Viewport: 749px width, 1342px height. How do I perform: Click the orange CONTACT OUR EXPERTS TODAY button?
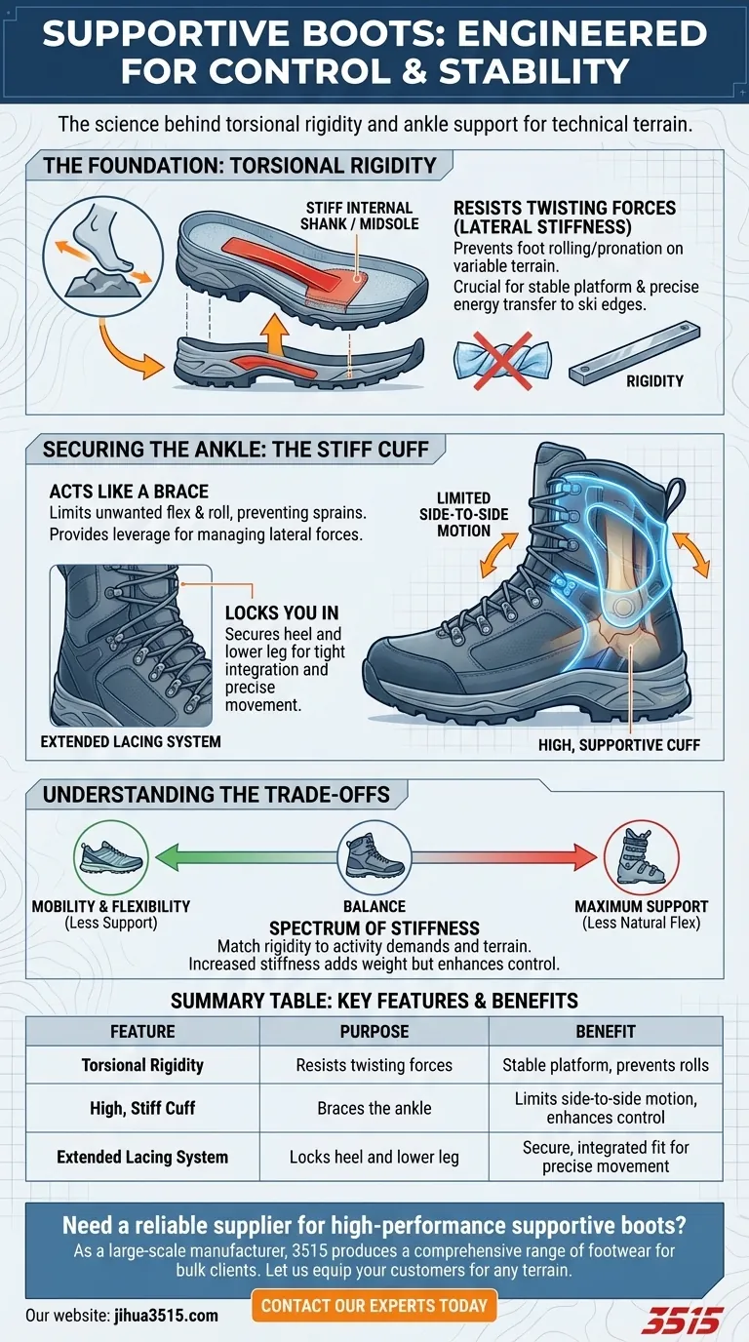tap(374, 1305)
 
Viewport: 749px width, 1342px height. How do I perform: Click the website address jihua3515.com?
tap(164, 1315)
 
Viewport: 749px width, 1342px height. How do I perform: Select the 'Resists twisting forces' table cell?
tap(374, 1065)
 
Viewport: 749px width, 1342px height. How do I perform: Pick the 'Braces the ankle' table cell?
tap(374, 1108)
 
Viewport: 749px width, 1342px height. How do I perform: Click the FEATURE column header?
tap(142, 1031)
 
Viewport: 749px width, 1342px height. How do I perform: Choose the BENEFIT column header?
tap(606, 1031)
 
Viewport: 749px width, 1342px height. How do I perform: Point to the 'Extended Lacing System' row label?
tap(142, 1158)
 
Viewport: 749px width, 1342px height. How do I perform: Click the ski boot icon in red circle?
tap(641, 857)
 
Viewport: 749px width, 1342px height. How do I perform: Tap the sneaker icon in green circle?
tap(108, 857)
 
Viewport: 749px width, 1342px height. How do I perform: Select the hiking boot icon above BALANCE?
tap(374, 854)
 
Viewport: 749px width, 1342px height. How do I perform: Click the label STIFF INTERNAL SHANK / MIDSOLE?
tap(359, 217)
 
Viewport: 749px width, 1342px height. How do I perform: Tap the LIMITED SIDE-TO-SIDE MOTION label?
tap(463, 514)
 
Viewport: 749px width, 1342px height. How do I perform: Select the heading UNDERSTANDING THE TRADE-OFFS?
tap(217, 794)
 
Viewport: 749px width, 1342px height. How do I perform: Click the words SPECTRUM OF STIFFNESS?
tap(374, 928)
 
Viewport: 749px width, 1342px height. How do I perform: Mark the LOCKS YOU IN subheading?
tap(282, 612)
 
